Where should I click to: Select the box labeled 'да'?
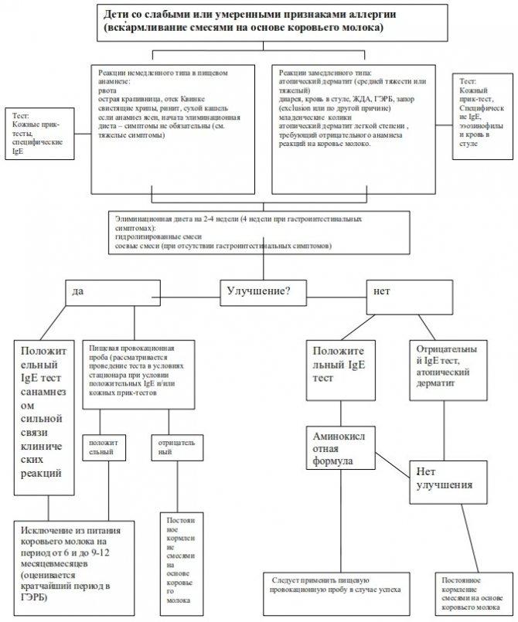click(112, 292)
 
